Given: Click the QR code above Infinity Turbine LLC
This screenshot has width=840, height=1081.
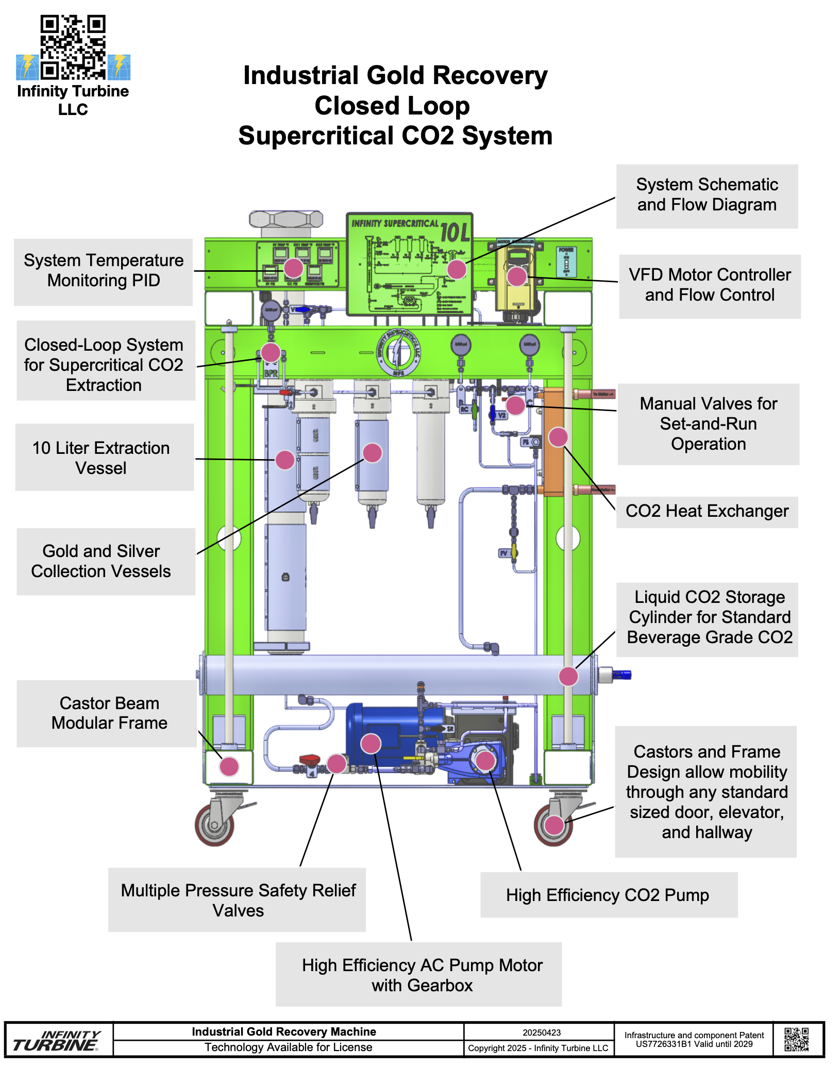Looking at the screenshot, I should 73,47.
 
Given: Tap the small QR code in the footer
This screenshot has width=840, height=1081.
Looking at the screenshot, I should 796,1039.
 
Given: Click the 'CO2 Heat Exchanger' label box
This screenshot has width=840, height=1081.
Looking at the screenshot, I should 707,512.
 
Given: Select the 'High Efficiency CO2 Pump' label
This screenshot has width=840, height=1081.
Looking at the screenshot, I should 608,895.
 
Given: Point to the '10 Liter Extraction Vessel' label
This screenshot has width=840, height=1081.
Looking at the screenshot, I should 102,458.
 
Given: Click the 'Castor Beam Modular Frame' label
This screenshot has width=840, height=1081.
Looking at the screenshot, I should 109,713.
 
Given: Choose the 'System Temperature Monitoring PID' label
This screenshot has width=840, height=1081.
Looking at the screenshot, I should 104,271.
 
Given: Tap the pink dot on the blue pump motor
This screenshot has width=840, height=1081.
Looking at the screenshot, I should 371,743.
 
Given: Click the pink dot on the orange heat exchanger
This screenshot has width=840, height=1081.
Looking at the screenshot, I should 558,437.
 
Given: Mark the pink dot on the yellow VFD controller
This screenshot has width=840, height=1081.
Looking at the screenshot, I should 517,276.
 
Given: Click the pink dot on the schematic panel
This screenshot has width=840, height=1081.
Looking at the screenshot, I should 457,269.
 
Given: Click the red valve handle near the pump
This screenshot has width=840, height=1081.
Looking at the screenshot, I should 310,759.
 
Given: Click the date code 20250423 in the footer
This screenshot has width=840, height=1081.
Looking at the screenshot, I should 542,1033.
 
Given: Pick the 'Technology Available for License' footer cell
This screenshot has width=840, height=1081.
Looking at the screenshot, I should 288,1047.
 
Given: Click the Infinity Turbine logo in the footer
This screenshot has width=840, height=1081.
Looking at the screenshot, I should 57,1040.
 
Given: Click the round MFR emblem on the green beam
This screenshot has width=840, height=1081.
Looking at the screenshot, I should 398,353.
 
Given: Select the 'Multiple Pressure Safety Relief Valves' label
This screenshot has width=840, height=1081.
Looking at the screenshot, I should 238,900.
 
